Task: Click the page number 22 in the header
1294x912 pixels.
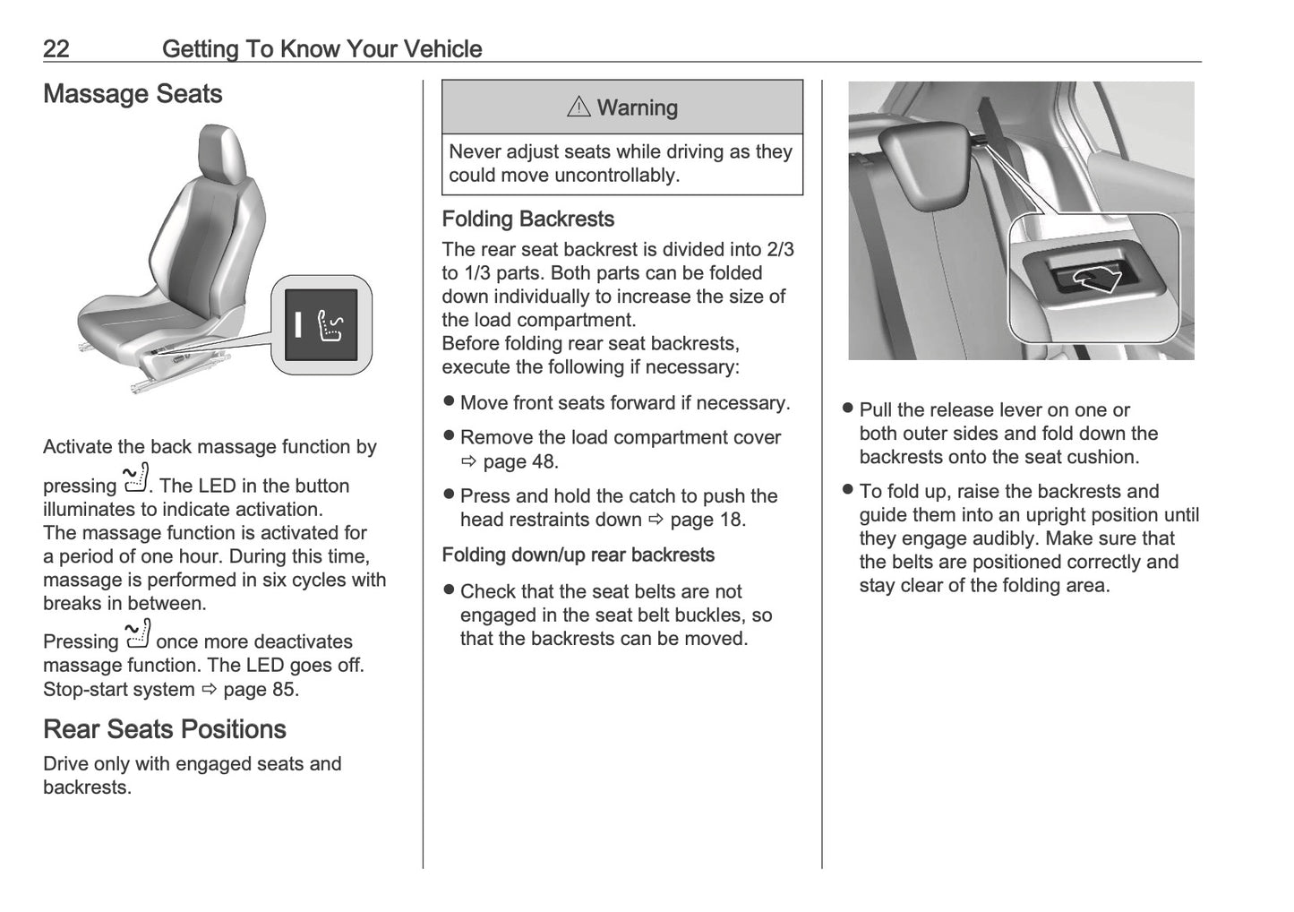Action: point(56,48)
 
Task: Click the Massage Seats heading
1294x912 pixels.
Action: point(133,94)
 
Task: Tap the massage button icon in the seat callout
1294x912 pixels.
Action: point(330,324)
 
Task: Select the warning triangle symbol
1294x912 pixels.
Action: point(578,108)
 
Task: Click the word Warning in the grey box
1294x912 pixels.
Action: point(637,108)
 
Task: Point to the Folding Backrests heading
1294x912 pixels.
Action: point(527,219)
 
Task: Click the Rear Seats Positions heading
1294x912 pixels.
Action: point(164,729)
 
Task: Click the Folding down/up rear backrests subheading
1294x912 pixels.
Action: point(578,555)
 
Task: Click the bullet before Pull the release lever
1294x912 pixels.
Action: point(848,409)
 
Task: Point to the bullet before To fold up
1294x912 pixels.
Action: point(848,491)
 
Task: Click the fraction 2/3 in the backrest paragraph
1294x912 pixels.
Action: point(780,250)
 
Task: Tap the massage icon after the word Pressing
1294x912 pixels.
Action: point(138,634)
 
